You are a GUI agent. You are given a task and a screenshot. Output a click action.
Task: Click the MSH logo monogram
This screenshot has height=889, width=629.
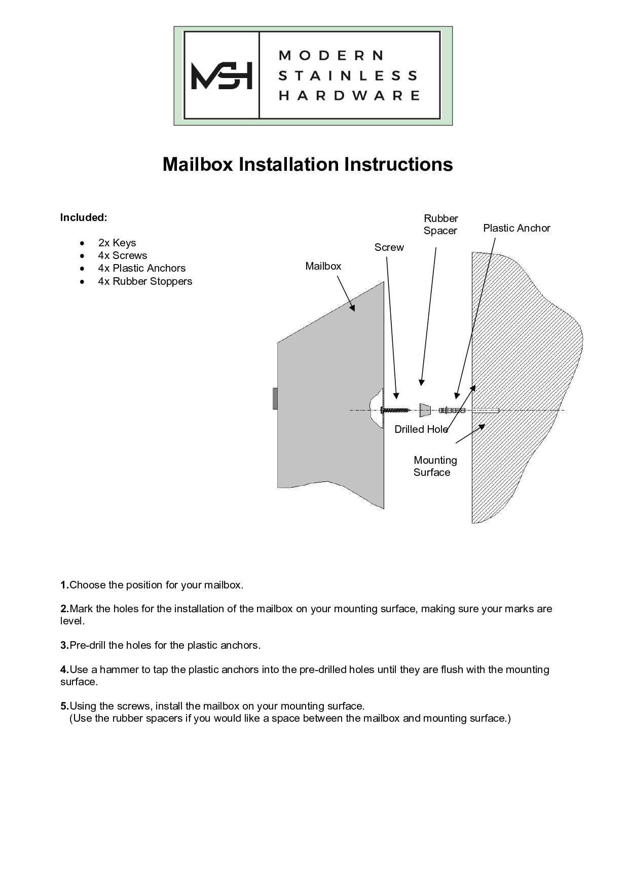point(221,76)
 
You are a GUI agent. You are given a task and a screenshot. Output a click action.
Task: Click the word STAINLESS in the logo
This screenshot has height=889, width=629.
point(348,76)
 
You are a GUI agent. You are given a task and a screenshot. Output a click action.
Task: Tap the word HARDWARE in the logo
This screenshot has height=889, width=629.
point(349,96)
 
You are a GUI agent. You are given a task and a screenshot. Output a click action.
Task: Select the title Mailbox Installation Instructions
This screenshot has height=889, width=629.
point(307,164)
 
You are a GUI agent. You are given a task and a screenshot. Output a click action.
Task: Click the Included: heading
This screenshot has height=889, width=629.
point(84,217)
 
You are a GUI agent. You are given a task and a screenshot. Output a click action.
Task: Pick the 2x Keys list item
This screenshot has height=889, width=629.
point(117,243)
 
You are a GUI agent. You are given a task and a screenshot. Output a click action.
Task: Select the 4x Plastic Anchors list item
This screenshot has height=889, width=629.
point(141,268)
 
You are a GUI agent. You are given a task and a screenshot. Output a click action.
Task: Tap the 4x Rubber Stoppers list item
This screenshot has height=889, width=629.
point(145,281)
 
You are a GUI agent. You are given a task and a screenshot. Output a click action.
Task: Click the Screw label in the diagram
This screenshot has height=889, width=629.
point(389,247)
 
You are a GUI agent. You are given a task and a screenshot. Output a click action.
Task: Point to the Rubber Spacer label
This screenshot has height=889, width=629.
point(440,225)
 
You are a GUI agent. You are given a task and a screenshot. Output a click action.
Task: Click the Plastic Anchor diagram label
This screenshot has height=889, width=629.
point(516,228)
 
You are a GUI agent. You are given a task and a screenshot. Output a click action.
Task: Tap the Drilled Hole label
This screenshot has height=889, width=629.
point(421,429)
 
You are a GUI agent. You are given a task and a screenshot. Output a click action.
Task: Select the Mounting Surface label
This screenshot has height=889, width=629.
point(434,466)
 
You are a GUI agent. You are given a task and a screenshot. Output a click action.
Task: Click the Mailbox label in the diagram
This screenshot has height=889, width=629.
point(323,266)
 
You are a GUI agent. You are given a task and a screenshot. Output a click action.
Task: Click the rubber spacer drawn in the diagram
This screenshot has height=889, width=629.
point(425,410)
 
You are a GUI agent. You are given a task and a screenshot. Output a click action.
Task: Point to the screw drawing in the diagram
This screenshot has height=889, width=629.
point(395,410)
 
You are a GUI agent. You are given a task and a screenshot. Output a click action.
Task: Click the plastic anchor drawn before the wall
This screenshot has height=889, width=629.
point(452,410)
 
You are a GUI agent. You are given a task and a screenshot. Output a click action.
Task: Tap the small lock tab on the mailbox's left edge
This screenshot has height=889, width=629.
point(275,398)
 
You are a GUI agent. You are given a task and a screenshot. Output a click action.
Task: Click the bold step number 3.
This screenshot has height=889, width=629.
point(64,645)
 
